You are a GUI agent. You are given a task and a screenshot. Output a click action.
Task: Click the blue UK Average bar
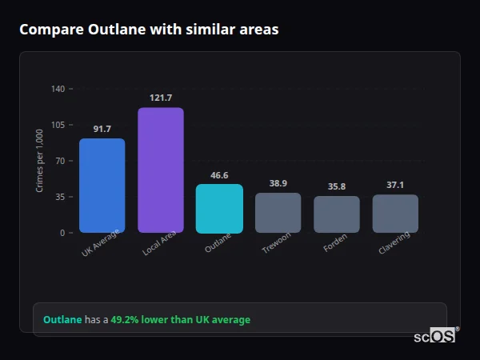[102, 186]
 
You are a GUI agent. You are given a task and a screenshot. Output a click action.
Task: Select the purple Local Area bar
[161, 170]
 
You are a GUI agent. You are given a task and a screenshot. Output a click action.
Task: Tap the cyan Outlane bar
[219, 209]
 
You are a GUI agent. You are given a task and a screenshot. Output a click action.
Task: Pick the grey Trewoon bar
[278, 213]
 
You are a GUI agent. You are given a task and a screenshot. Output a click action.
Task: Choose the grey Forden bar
[337, 214]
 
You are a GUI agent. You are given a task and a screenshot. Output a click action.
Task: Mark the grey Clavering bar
[395, 214]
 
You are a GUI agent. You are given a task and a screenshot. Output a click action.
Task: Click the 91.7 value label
[102, 129]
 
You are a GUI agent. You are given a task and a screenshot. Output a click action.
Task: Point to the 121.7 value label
[161, 98]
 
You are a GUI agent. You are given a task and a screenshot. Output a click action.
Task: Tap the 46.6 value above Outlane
[219, 174]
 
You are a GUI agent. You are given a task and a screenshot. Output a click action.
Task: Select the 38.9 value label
[278, 183]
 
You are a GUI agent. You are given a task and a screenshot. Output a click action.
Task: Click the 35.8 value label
[337, 186]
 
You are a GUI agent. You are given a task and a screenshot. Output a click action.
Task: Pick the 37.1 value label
[395, 185]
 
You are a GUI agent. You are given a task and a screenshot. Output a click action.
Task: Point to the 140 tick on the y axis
[58, 89]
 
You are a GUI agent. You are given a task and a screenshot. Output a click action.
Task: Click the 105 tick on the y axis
[58, 125]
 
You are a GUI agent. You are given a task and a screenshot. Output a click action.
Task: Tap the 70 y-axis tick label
[60, 161]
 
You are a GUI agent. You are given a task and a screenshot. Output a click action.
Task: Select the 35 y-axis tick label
[60, 197]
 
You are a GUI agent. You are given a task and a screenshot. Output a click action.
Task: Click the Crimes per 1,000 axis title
[39, 161]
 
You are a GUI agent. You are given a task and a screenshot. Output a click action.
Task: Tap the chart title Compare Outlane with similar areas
[149, 30]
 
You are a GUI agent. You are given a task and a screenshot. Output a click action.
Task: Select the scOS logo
[434, 336]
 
